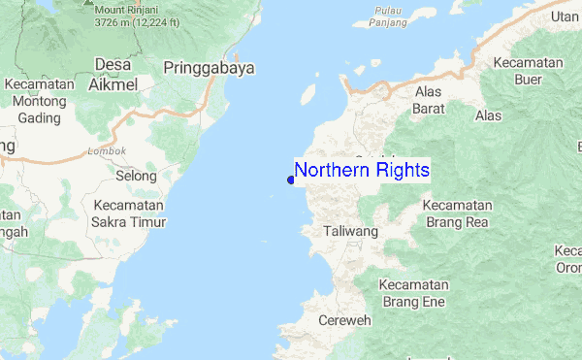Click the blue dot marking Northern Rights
(291, 180)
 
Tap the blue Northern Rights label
(362, 170)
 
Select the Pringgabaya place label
(209, 68)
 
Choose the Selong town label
(136, 176)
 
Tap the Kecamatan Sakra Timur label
(130, 213)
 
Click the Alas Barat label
(428, 99)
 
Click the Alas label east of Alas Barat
(489, 115)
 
